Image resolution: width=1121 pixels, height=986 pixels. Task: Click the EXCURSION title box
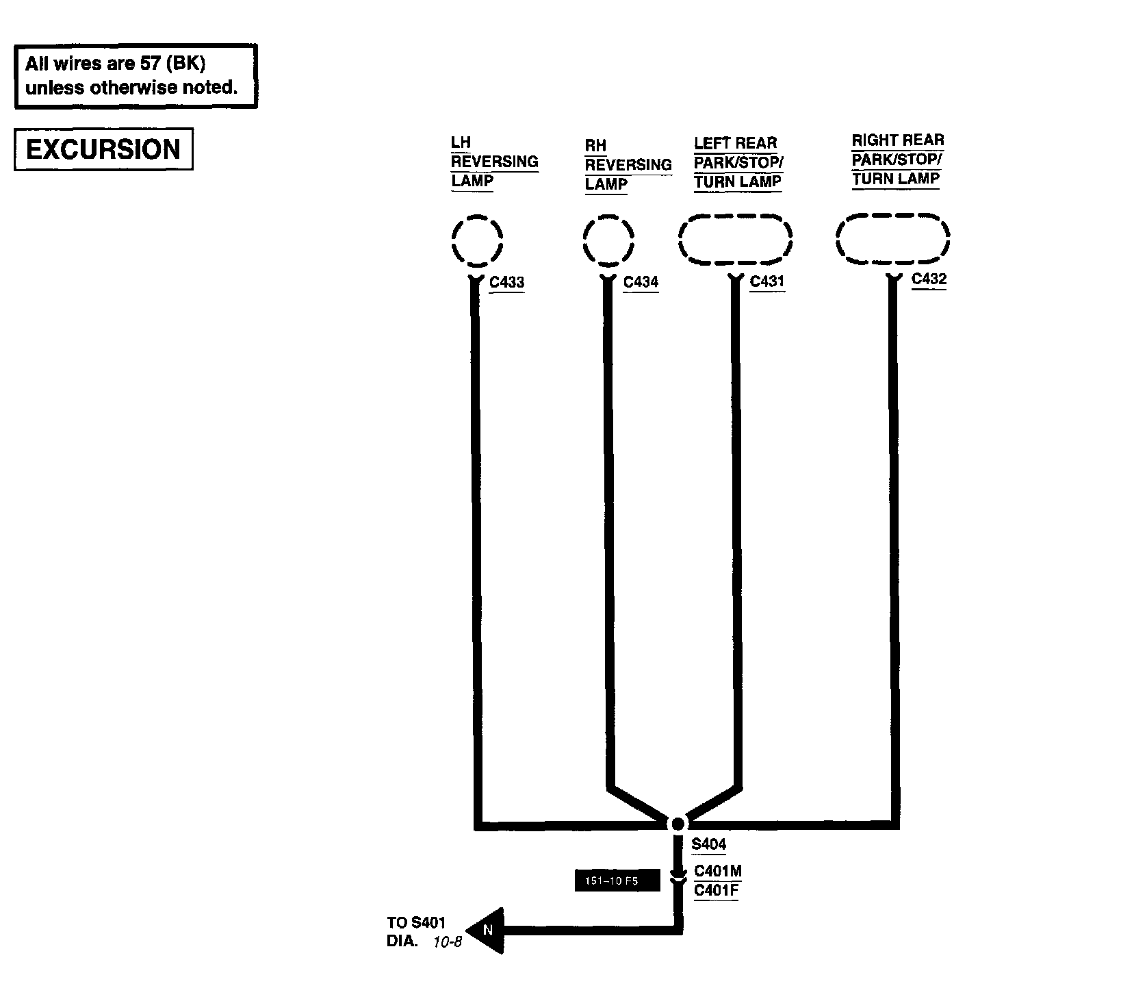[x=103, y=149]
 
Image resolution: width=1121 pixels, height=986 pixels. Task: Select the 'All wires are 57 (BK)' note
[x=136, y=76]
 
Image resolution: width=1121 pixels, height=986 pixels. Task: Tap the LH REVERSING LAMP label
[x=493, y=162]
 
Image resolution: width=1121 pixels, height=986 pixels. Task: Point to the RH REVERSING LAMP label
[x=628, y=165]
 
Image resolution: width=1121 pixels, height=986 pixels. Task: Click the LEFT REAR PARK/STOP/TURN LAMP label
[x=738, y=162]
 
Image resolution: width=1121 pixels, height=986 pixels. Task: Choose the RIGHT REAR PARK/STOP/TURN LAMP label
[x=897, y=160]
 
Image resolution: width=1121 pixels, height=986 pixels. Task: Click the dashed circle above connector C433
[x=477, y=240]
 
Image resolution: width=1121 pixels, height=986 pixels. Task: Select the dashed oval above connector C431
[x=735, y=239]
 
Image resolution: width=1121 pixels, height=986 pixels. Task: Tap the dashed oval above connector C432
[x=892, y=238]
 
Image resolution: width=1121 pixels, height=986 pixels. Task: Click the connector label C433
[x=507, y=282]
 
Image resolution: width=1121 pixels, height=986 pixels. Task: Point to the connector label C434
[x=641, y=282]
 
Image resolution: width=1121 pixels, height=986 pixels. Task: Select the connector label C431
[x=767, y=281]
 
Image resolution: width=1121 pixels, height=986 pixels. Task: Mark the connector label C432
[x=929, y=279]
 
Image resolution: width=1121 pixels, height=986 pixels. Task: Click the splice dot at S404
[x=678, y=824]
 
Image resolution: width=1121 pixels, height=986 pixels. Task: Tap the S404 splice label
[x=708, y=844]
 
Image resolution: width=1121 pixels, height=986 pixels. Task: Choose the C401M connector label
[x=718, y=871]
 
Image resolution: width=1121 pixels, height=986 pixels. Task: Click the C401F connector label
[x=717, y=891]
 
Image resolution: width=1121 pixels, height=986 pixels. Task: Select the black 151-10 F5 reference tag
[x=617, y=881]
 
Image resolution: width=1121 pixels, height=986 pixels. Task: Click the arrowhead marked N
[x=487, y=931]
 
